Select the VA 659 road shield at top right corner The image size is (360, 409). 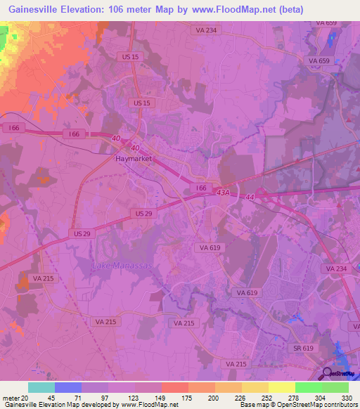[327, 23]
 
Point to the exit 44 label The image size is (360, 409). [250, 200]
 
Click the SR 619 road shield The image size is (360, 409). [303, 347]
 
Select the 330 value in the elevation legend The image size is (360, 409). [345, 398]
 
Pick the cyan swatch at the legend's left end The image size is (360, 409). [41, 387]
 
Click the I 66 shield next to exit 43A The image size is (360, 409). [201, 188]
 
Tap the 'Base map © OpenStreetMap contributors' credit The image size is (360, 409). [298, 405]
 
